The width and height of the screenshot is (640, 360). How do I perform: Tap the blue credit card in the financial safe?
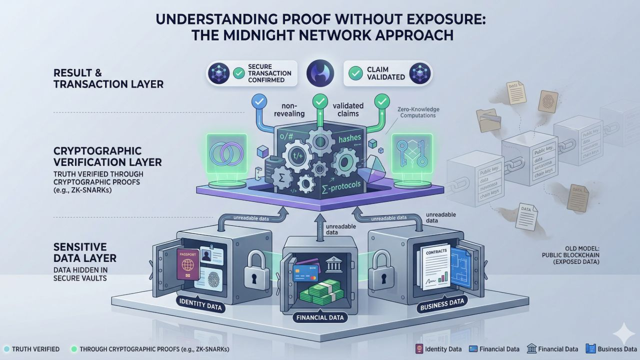(305, 273)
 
